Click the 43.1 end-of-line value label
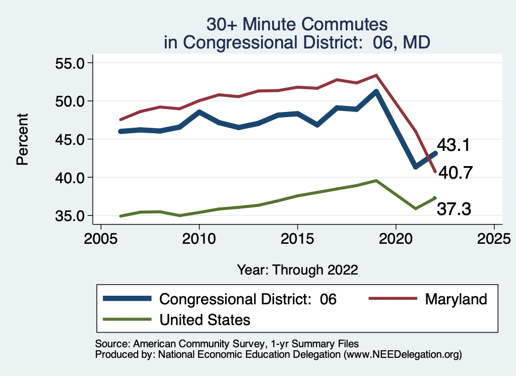point(453,145)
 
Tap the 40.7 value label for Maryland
point(455,173)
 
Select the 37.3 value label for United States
point(454,208)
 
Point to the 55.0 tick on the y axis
point(71,63)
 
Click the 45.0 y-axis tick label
point(71,139)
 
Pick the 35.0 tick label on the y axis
point(71,216)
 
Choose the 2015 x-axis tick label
point(297,238)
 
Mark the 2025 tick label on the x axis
point(494,238)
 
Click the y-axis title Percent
point(22,139)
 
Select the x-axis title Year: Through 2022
point(297,270)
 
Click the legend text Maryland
point(456,299)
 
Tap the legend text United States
point(205,319)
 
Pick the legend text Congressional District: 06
point(247,299)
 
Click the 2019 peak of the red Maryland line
point(376,75)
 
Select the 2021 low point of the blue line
point(415,167)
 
